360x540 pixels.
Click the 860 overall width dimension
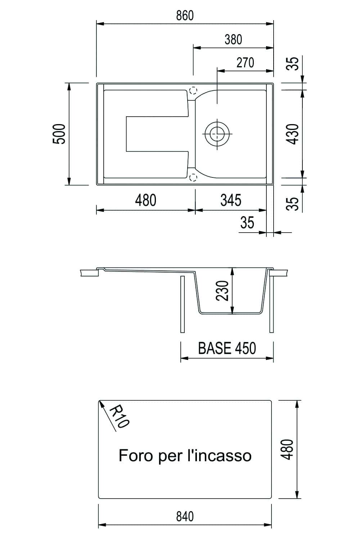pyautogui.click(x=185, y=15)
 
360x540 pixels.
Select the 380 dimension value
pyautogui.click(x=233, y=39)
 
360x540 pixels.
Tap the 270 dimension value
pyautogui.click(x=245, y=63)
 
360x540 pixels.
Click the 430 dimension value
pyautogui.click(x=294, y=134)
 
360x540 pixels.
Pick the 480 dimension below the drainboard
pyautogui.click(x=146, y=200)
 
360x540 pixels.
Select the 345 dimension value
pyautogui.click(x=231, y=200)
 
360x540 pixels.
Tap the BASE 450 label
pyautogui.click(x=227, y=348)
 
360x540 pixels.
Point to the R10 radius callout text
pyautogui.click(x=118, y=417)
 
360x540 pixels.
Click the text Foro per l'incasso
pyautogui.click(x=185, y=455)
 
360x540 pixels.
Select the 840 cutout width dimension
pyautogui.click(x=185, y=517)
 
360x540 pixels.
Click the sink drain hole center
pyautogui.click(x=217, y=133)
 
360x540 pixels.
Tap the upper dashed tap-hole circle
pyautogui.click(x=193, y=90)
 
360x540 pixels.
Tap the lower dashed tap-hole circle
pyautogui.click(x=193, y=177)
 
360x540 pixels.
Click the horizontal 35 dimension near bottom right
pyautogui.click(x=247, y=223)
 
